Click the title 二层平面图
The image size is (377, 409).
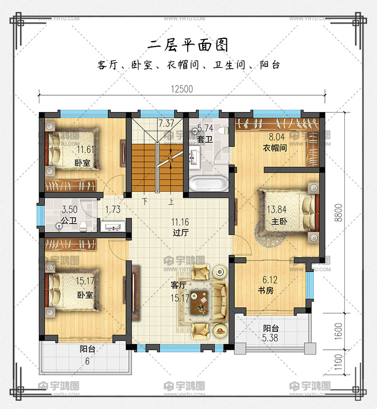[188, 45]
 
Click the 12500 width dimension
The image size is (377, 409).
[182, 89]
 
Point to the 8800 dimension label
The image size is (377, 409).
[338, 213]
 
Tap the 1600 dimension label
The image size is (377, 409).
[338, 331]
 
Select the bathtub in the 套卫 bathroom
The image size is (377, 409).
[208, 183]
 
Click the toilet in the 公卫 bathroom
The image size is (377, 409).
[83, 226]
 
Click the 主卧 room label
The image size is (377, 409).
[279, 221]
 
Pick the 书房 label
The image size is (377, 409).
[266, 290]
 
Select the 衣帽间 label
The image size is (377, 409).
[275, 148]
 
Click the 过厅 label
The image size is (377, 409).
[180, 232]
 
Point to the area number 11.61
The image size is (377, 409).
[85, 149]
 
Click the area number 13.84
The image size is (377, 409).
[277, 209]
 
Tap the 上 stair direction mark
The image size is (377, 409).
[171, 202]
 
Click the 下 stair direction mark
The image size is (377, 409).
[145, 201]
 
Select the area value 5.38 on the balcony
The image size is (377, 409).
[270, 338]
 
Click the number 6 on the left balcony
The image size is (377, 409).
[87, 361]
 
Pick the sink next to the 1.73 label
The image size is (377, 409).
[113, 226]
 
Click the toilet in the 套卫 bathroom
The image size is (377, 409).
[222, 130]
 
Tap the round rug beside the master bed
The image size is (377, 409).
[269, 236]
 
